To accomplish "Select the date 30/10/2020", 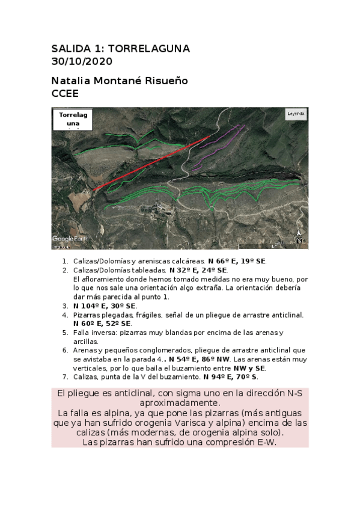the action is coord(82,61).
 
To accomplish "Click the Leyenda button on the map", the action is coord(296,114).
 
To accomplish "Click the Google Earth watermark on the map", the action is coord(70,239).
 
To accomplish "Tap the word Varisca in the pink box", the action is coord(220,423).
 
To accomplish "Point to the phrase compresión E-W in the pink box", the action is coord(240,442).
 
